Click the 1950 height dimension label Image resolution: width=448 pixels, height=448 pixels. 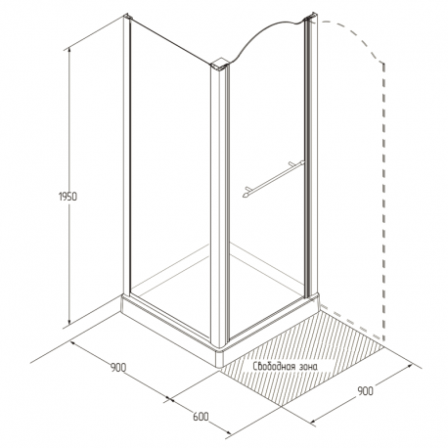pyautogui.click(x=67, y=197)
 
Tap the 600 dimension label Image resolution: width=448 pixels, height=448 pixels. pyautogui.click(x=201, y=417)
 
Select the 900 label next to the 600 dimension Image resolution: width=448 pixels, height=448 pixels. pyautogui.click(x=117, y=368)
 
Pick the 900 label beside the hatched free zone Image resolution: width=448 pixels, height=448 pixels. pyautogui.click(x=365, y=390)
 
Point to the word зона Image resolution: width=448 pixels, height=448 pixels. pyautogui.click(x=308, y=367)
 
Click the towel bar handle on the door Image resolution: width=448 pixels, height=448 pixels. pyautogui.click(x=274, y=179)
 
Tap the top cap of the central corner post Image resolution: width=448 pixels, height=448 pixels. pyautogui.click(x=220, y=65)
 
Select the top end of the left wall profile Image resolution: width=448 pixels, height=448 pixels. pyautogui.click(x=127, y=16)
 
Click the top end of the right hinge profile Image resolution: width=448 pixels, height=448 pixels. pyautogui.click(x=311, y=17)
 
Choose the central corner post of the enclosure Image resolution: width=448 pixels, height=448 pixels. pyautogui.click(x=219, y=203)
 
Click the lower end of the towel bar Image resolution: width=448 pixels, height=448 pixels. pyautogui.click(x=246, y=195)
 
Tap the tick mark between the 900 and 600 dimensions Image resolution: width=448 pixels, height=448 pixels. pyautogui.click(x=168, y=398)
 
